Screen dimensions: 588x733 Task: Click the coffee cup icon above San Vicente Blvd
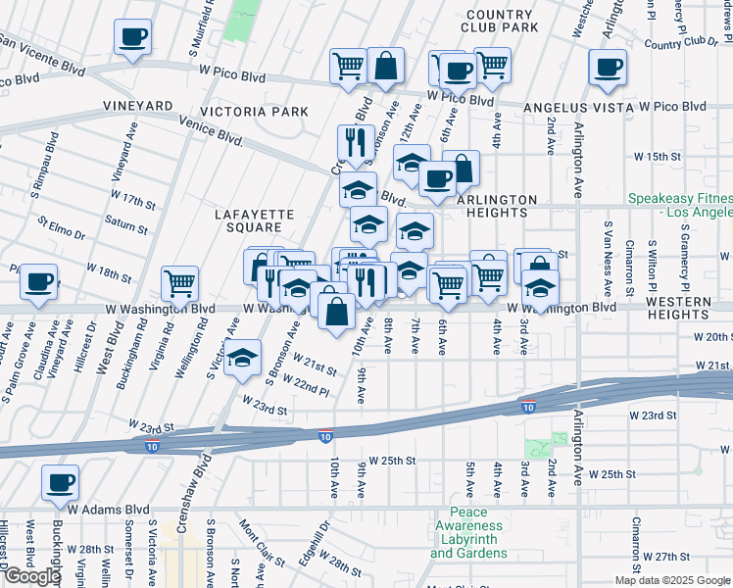[132, 37]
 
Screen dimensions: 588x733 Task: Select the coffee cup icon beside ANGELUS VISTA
[608, 67]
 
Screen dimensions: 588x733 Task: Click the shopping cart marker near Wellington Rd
[179, 283]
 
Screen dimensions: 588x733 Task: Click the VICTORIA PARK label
[255, 112]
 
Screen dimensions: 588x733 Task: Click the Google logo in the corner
[32, 576]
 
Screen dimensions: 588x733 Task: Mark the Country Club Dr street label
[682, 43]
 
